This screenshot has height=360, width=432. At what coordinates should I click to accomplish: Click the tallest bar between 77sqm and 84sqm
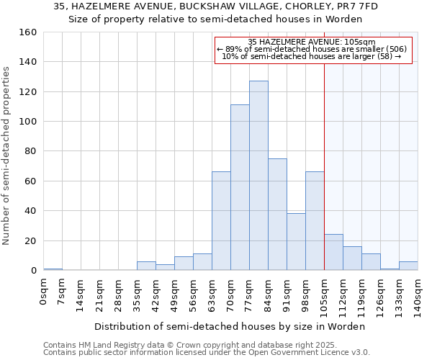[258, 176]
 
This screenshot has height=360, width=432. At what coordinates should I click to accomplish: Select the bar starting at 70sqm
[240, 187]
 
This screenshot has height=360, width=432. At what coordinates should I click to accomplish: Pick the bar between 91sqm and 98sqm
[296, 242]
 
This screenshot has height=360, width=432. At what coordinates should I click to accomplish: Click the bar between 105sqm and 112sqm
[333, 252]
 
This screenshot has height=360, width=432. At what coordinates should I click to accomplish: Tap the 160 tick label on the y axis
[28, 32]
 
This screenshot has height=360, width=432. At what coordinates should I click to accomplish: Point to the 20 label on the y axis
[31, 240]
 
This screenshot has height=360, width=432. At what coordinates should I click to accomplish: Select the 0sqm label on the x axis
[43, 292]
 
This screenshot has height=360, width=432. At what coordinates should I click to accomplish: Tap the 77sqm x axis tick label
[249, 294]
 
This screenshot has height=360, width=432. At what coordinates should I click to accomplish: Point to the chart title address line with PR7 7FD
[215, 6]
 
